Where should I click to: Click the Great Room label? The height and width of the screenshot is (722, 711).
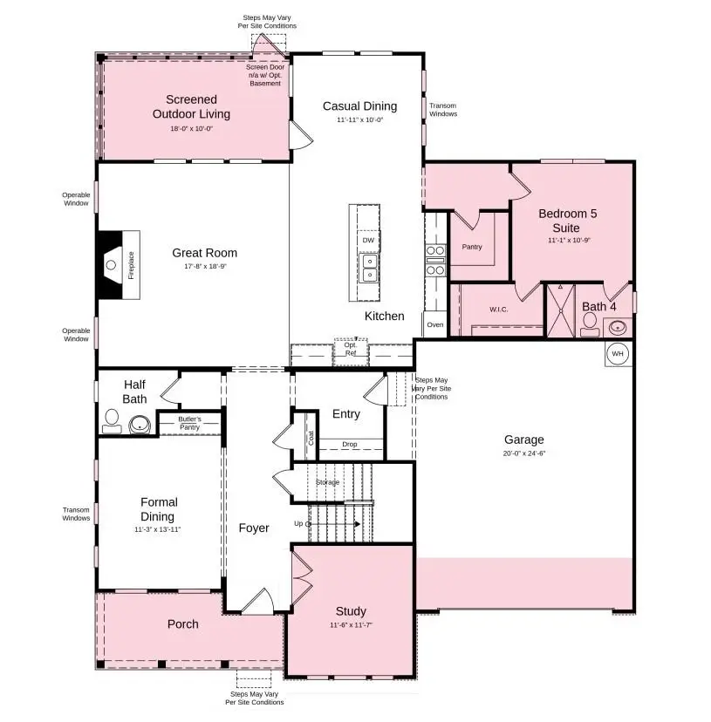(x=204, y=253)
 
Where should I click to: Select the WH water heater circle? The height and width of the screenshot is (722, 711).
(x=617, y=354)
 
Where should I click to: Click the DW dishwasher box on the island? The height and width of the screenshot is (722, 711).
(x=367, y=240)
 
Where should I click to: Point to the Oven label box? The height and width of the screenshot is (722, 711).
(x=434, y=324)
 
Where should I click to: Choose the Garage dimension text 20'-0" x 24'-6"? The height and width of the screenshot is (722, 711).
(x=523, y=453)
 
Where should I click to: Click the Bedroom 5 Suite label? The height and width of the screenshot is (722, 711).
(x=568, y=220)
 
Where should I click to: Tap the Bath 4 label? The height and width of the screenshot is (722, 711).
(x=599, y=306)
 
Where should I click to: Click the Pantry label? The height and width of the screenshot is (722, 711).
(x=471, y=247)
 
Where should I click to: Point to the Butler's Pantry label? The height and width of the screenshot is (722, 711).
(x=189, y=424)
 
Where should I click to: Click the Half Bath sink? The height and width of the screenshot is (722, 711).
(x=140, y=426)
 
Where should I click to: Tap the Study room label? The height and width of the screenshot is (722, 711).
(x=351, y=611)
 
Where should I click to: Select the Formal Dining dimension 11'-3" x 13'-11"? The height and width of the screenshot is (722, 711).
(x=158, y=529)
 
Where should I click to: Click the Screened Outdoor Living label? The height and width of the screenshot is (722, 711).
(x=191, y=106)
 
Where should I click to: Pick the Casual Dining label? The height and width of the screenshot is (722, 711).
(x=359, y=106)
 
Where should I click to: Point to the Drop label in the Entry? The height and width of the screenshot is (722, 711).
(x=349, y=445)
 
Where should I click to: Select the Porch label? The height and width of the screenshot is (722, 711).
(x=182, y=623)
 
